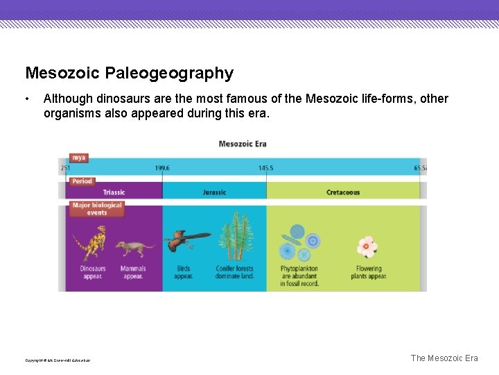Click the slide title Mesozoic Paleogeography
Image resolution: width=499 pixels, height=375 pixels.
(129, 73)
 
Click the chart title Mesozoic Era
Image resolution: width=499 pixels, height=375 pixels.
(242, 144)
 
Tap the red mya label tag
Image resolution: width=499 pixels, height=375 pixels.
(79, 158)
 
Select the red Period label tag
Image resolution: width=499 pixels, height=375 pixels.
(82, 181)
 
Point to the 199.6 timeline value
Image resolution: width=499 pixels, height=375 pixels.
(162, 168)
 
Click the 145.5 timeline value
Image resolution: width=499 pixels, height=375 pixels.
(265, 168)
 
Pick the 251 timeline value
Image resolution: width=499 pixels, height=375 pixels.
(65, 168)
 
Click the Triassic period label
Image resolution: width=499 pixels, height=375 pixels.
(114, 192)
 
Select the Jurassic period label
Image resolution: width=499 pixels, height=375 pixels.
(214, 192)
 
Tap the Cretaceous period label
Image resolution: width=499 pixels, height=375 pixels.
(343, 192)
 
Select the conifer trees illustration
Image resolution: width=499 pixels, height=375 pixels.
(236, 236)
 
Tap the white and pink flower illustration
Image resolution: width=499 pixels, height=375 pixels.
(367, 247)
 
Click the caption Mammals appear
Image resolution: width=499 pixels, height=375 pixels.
(132, 272)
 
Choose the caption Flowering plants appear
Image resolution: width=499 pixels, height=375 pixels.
(369, 272)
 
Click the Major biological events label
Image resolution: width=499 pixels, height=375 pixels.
(96, 209)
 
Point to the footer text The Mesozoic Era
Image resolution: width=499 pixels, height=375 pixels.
(444, 358)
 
